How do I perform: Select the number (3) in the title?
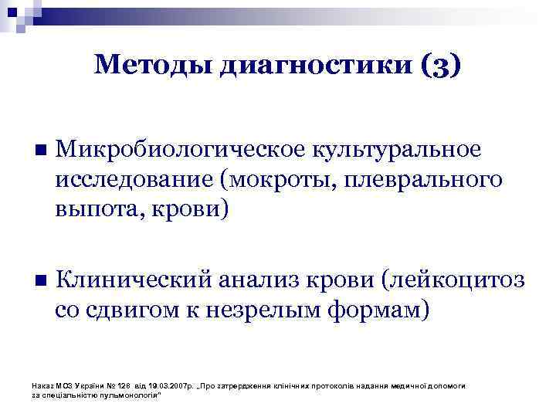[x=442, y=66]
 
